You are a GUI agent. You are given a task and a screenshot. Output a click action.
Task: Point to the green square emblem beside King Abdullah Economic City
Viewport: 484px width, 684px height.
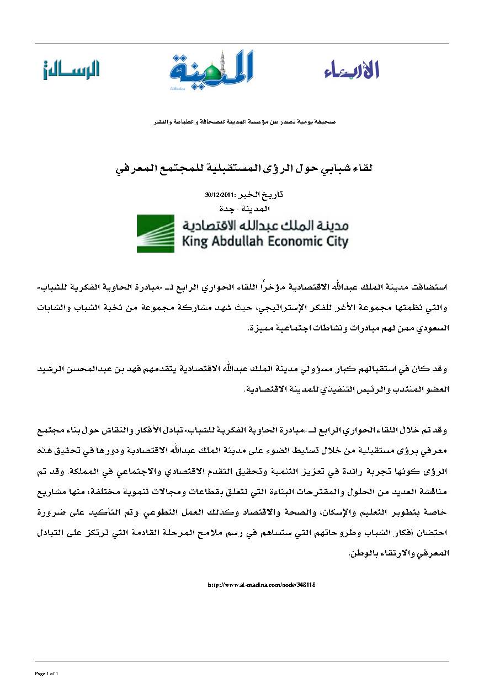point(155,234)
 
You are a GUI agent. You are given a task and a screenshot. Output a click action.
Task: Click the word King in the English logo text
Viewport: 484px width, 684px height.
point(194,241)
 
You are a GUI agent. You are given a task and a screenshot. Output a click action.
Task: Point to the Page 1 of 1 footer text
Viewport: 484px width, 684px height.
point(47,674)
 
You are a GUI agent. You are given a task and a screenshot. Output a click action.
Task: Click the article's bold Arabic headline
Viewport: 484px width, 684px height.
point(242,167)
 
